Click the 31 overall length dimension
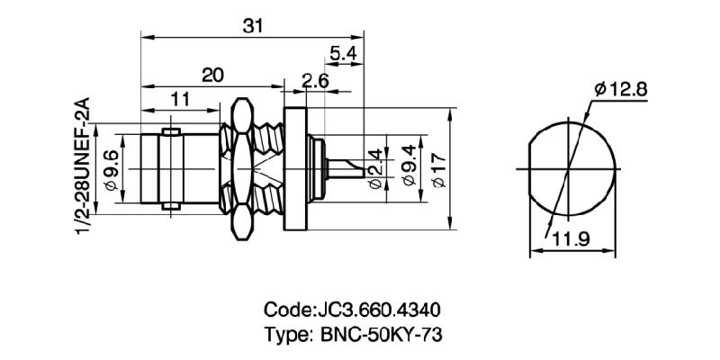pos(254,26)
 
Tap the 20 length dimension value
pos(212,76)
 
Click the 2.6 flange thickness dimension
pos(314,82)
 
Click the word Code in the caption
pos(285,311)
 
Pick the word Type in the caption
pos(285,335)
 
